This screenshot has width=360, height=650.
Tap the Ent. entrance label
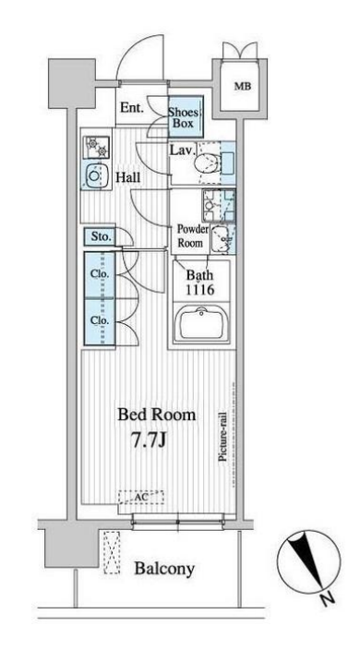(132, 108)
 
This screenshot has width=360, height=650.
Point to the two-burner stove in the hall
(96, 148)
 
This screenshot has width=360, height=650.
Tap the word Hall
(127, 178)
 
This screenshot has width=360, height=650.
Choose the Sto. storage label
(102, 237)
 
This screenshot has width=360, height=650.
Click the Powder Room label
(190, 235)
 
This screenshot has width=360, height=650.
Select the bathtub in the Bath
(202, 324)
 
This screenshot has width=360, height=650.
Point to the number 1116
(199, 290)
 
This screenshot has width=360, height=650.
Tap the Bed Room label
(156, 415)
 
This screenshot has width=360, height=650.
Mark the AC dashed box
(141, 497)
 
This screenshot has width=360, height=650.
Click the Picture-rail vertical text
(222, 437)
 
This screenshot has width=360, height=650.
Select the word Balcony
(164, 569)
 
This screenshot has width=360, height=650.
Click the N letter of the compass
(328, 598)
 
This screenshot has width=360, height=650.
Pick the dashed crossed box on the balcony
(112, 552)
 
